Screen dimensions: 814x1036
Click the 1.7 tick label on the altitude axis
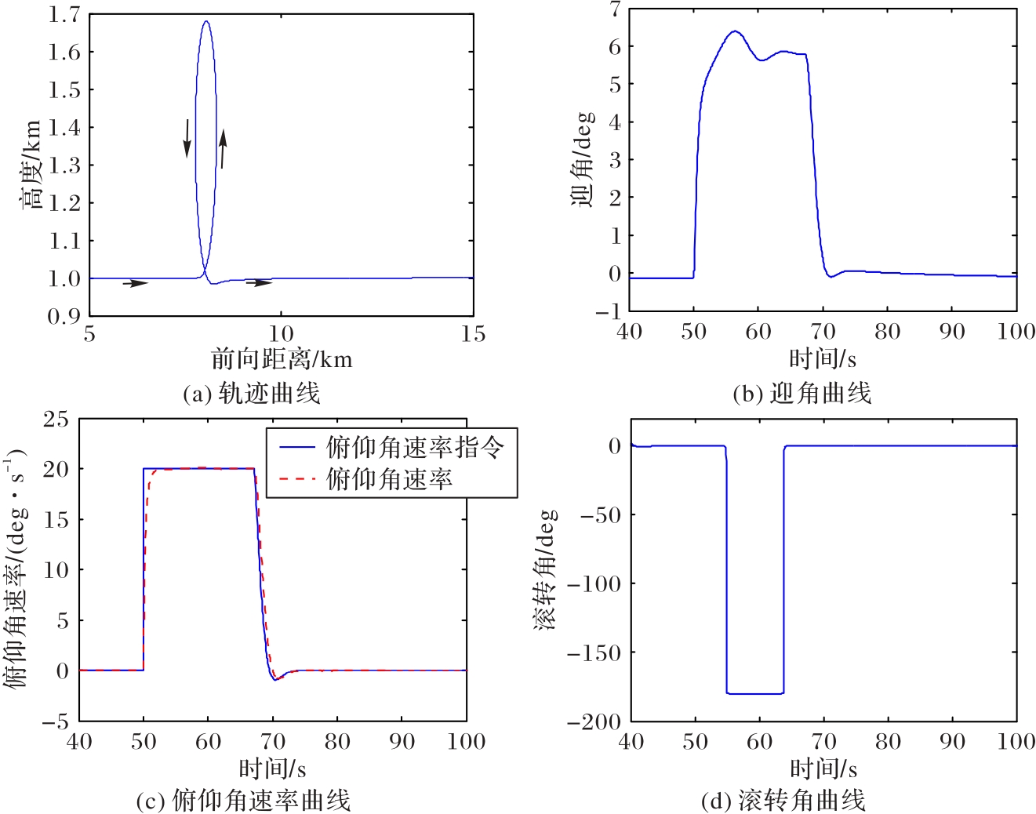tap(64, 14)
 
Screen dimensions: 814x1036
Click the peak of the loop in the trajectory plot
tap(205, 22)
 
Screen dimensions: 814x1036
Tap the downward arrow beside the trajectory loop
tap(187, 138)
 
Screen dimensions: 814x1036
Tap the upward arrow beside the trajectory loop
tap(223, 149)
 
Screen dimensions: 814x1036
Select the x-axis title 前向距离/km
tap(282, 359)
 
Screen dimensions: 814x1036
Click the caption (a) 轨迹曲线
tap(251, 393)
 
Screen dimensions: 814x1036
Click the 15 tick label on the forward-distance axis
tap(473, 334)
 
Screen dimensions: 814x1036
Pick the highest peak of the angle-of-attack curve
tap(734, 32)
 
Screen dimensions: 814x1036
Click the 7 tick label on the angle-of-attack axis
tap(615, 9)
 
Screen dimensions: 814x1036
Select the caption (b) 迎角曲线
tap(802, 393)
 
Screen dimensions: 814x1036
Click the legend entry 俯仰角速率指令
tap(414, 447)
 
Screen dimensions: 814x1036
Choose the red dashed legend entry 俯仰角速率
tap(389, 478)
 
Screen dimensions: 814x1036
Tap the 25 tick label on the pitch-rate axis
tap(56, 420)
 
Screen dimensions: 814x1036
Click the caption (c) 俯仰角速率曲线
tap(243, 801)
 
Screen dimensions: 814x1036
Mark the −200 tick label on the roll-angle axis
tap(594, 722)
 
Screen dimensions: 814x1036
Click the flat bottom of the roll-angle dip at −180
tap(754, 693)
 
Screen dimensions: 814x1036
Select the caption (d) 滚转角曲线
tap(783, 801)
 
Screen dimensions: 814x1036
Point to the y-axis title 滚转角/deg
tap(546, 570)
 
